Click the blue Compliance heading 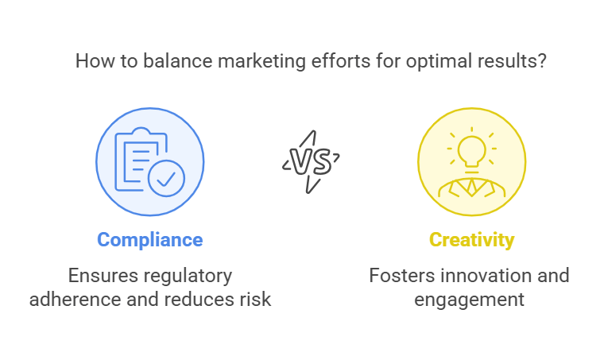click(149, 239)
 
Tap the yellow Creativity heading click(471, 239)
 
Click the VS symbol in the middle click(311, 161)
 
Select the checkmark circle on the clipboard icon click(166, 178)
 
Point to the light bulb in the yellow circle click(471, 149)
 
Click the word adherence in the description click(76, 300)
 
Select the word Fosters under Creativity click(401, 276)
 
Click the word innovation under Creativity click(487, 276)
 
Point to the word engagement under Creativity click(469, 300)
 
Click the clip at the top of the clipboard click(139, 133)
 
